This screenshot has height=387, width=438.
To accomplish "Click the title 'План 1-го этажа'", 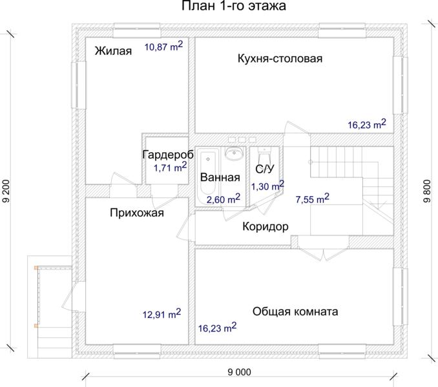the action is [234, 6].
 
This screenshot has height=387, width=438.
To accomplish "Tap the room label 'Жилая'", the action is [113, 51].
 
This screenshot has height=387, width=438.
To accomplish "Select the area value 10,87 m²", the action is [163, 46].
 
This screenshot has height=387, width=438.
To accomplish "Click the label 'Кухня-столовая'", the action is [280, 59].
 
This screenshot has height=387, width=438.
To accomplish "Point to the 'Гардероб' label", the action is [168, 155].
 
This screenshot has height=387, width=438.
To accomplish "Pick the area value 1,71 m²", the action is [170, 167].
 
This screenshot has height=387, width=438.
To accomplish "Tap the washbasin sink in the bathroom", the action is [234, 154].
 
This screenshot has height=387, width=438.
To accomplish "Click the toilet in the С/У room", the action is [264, 154].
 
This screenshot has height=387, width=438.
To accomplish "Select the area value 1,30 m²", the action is [267, 186].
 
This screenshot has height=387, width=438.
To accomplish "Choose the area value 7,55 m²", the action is [312, 199].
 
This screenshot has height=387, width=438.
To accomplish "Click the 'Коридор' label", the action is [266, 226].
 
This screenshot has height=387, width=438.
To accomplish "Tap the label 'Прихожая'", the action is [137, 213].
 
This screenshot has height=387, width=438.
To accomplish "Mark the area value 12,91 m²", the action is [162, 313].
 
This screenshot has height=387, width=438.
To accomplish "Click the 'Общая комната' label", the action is [295, 312].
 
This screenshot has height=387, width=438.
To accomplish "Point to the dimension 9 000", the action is [240, 372].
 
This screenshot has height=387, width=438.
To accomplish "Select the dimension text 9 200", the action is [6, 191].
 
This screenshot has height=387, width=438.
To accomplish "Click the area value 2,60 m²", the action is [223, 199].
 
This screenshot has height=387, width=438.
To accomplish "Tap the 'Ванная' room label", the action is [220, 177].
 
